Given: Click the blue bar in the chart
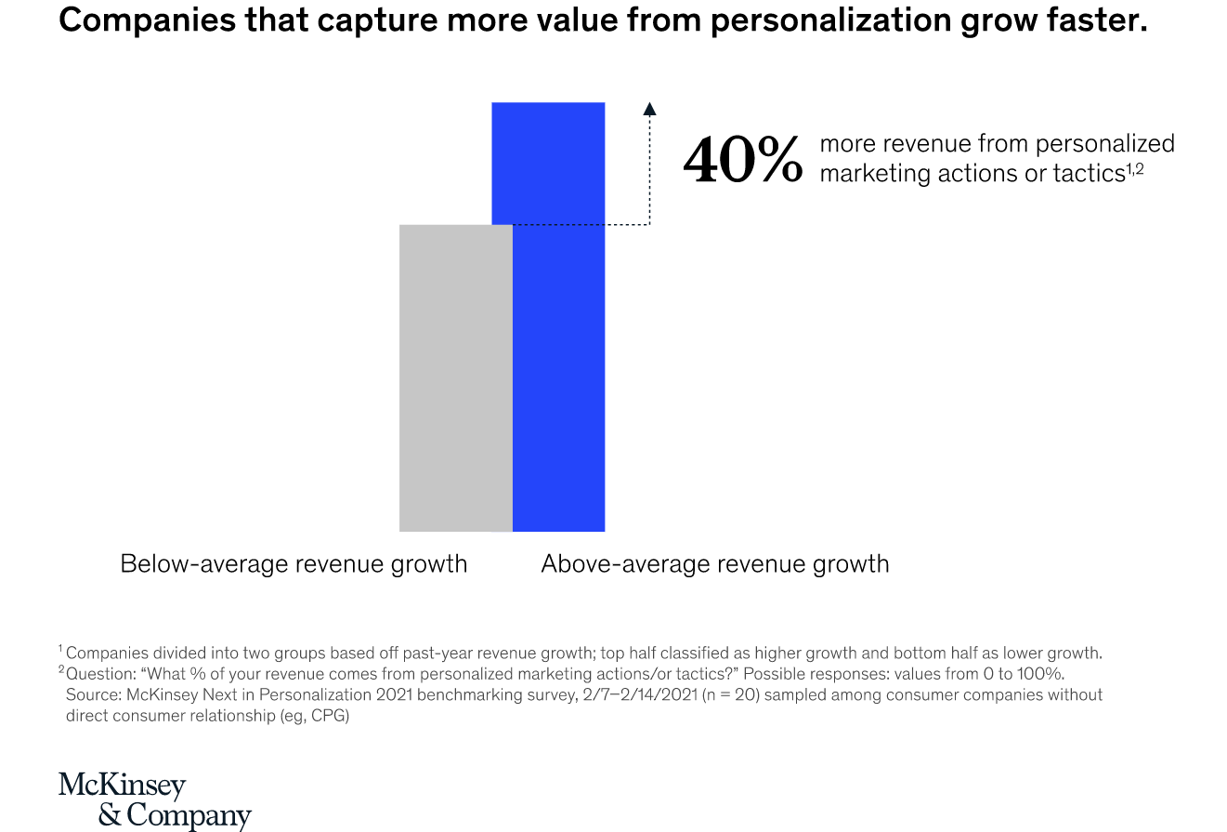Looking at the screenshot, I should (x=557, y=372).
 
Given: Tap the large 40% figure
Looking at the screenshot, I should (x=742, y=160).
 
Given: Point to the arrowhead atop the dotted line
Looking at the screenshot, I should (x=649, y=108).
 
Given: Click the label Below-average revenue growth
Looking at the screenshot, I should (x=294, y=564).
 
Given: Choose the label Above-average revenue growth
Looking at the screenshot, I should (x=714, y=564).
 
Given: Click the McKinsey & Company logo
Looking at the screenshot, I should (x=154, y=799).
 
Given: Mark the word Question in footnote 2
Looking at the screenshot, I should (x=98, y=674).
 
